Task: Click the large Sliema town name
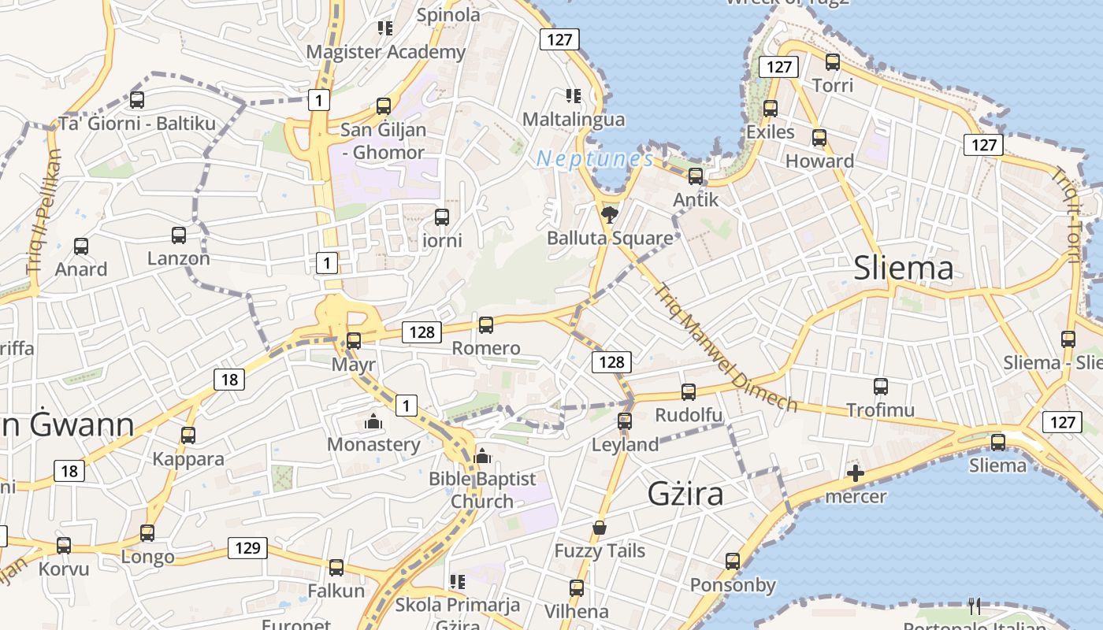(x=904, y=269)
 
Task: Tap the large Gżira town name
(x=685, y=494)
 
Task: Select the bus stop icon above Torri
(x=833, y=61)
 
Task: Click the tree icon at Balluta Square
(x=609, y=214)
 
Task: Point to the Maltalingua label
(x=574, y=120)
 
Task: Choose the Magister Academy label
(x=385, y=52)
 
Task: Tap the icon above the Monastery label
(x=373, y=422)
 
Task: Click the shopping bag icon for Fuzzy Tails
(x=600, y=528)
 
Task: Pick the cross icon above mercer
(x=855, y=473)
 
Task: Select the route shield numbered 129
(x=247, y=548)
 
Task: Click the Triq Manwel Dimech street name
(x=725, y=347)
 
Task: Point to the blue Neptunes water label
(x=595, y=160)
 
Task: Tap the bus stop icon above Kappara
(x=188, y=435)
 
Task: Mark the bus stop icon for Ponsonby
(x=733, y=561)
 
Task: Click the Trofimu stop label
(x=880, y=409)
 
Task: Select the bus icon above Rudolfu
(x=688, y=391)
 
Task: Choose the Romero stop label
(x=486, y=348)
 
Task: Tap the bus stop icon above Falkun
(x=336, y=567)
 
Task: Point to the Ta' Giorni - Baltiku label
(x=137, y=124)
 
